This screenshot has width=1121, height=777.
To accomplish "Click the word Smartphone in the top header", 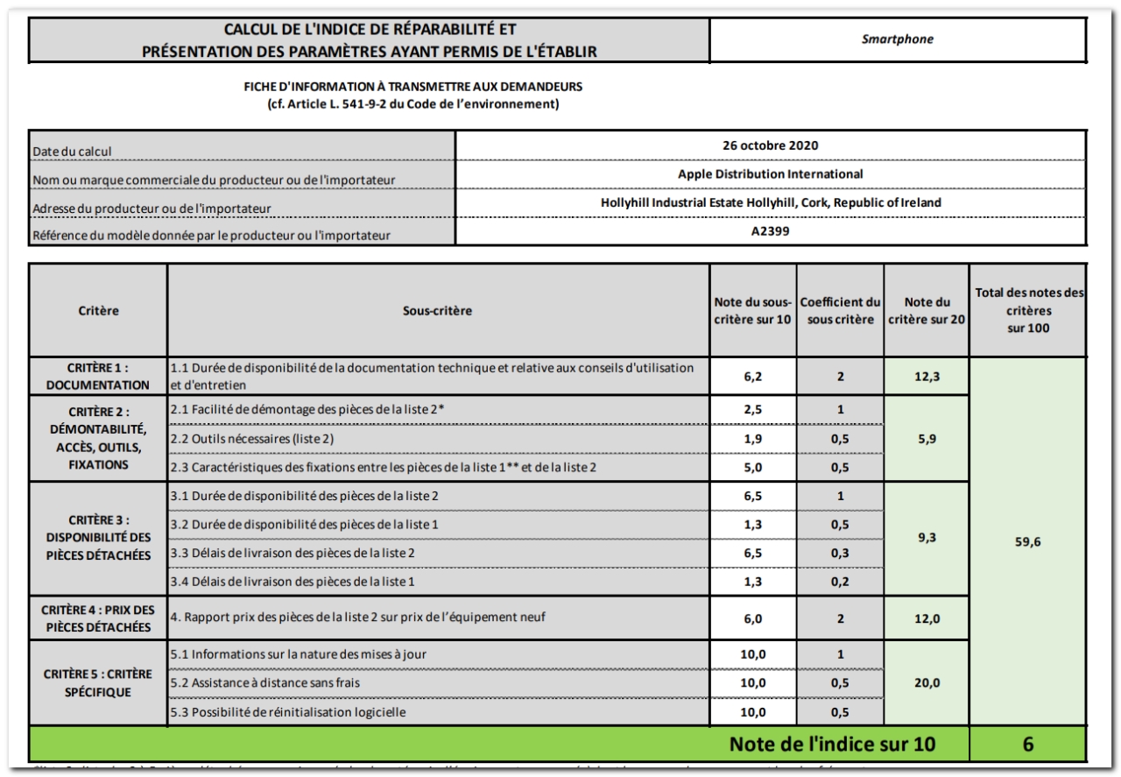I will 898,39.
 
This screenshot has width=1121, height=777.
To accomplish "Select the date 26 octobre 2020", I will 771,145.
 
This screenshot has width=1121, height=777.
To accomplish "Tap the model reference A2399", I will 771,233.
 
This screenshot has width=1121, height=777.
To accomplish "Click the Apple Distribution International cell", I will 771,173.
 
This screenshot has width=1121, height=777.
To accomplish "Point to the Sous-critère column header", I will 437,310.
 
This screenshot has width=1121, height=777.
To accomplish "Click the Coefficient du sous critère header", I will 840,310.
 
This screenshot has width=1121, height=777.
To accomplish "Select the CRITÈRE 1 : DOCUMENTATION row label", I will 98,376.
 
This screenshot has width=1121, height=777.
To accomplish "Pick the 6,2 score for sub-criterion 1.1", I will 752,376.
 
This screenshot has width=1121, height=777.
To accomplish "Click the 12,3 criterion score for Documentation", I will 927,376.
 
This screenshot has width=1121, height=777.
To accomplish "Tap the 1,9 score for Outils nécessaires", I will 752,438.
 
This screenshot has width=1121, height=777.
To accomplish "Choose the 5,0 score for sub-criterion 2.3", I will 752,467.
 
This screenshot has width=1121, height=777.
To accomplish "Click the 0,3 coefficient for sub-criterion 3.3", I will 840,553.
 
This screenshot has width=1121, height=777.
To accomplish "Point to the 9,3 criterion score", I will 927,538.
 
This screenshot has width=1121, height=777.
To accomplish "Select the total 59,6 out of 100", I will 1027,541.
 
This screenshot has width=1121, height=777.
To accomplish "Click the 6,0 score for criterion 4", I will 752,618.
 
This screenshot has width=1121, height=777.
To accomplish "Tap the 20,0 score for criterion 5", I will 927,682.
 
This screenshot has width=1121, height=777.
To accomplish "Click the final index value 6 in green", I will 1027,745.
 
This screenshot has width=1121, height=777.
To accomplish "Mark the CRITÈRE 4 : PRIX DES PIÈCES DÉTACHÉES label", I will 98,618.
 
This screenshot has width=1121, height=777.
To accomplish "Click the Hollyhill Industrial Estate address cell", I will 771,202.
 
